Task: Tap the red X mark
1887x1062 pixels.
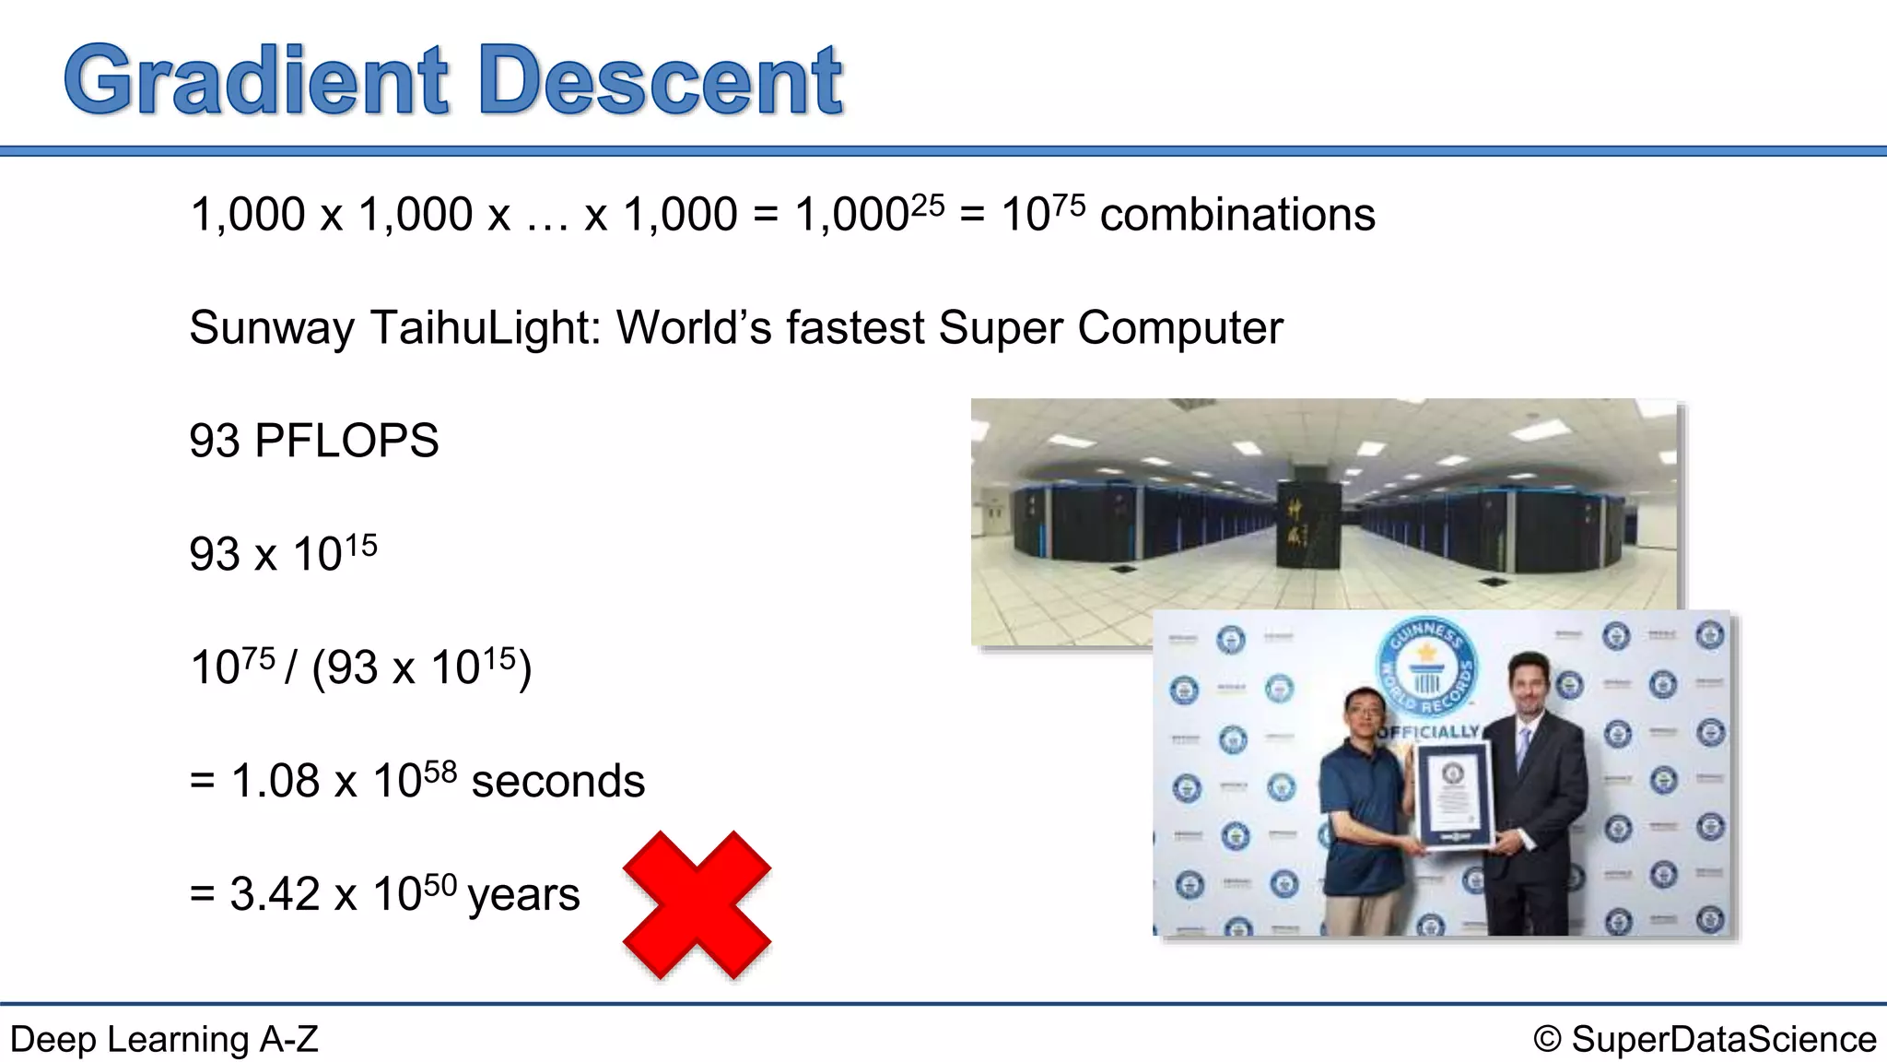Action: [697, 904]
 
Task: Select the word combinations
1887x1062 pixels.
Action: [1237, 216]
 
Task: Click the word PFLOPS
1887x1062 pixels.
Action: [346, 441]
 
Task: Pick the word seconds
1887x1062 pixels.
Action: [557, 782]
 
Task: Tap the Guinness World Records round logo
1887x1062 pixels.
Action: [1426, 667]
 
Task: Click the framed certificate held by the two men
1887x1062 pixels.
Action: [1453, 794]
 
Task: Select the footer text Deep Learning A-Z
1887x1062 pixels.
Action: [164, 1040]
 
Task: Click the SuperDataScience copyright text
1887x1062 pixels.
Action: [1705, 1040]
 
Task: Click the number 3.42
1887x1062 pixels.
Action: [275, 894]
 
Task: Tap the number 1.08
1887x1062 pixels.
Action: [275, 782]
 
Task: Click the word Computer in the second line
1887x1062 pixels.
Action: [1179, 328]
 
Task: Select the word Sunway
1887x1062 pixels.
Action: [271, 328]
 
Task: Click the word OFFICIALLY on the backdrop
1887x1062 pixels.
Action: [1428, 732]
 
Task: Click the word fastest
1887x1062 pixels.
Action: [854, 328]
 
